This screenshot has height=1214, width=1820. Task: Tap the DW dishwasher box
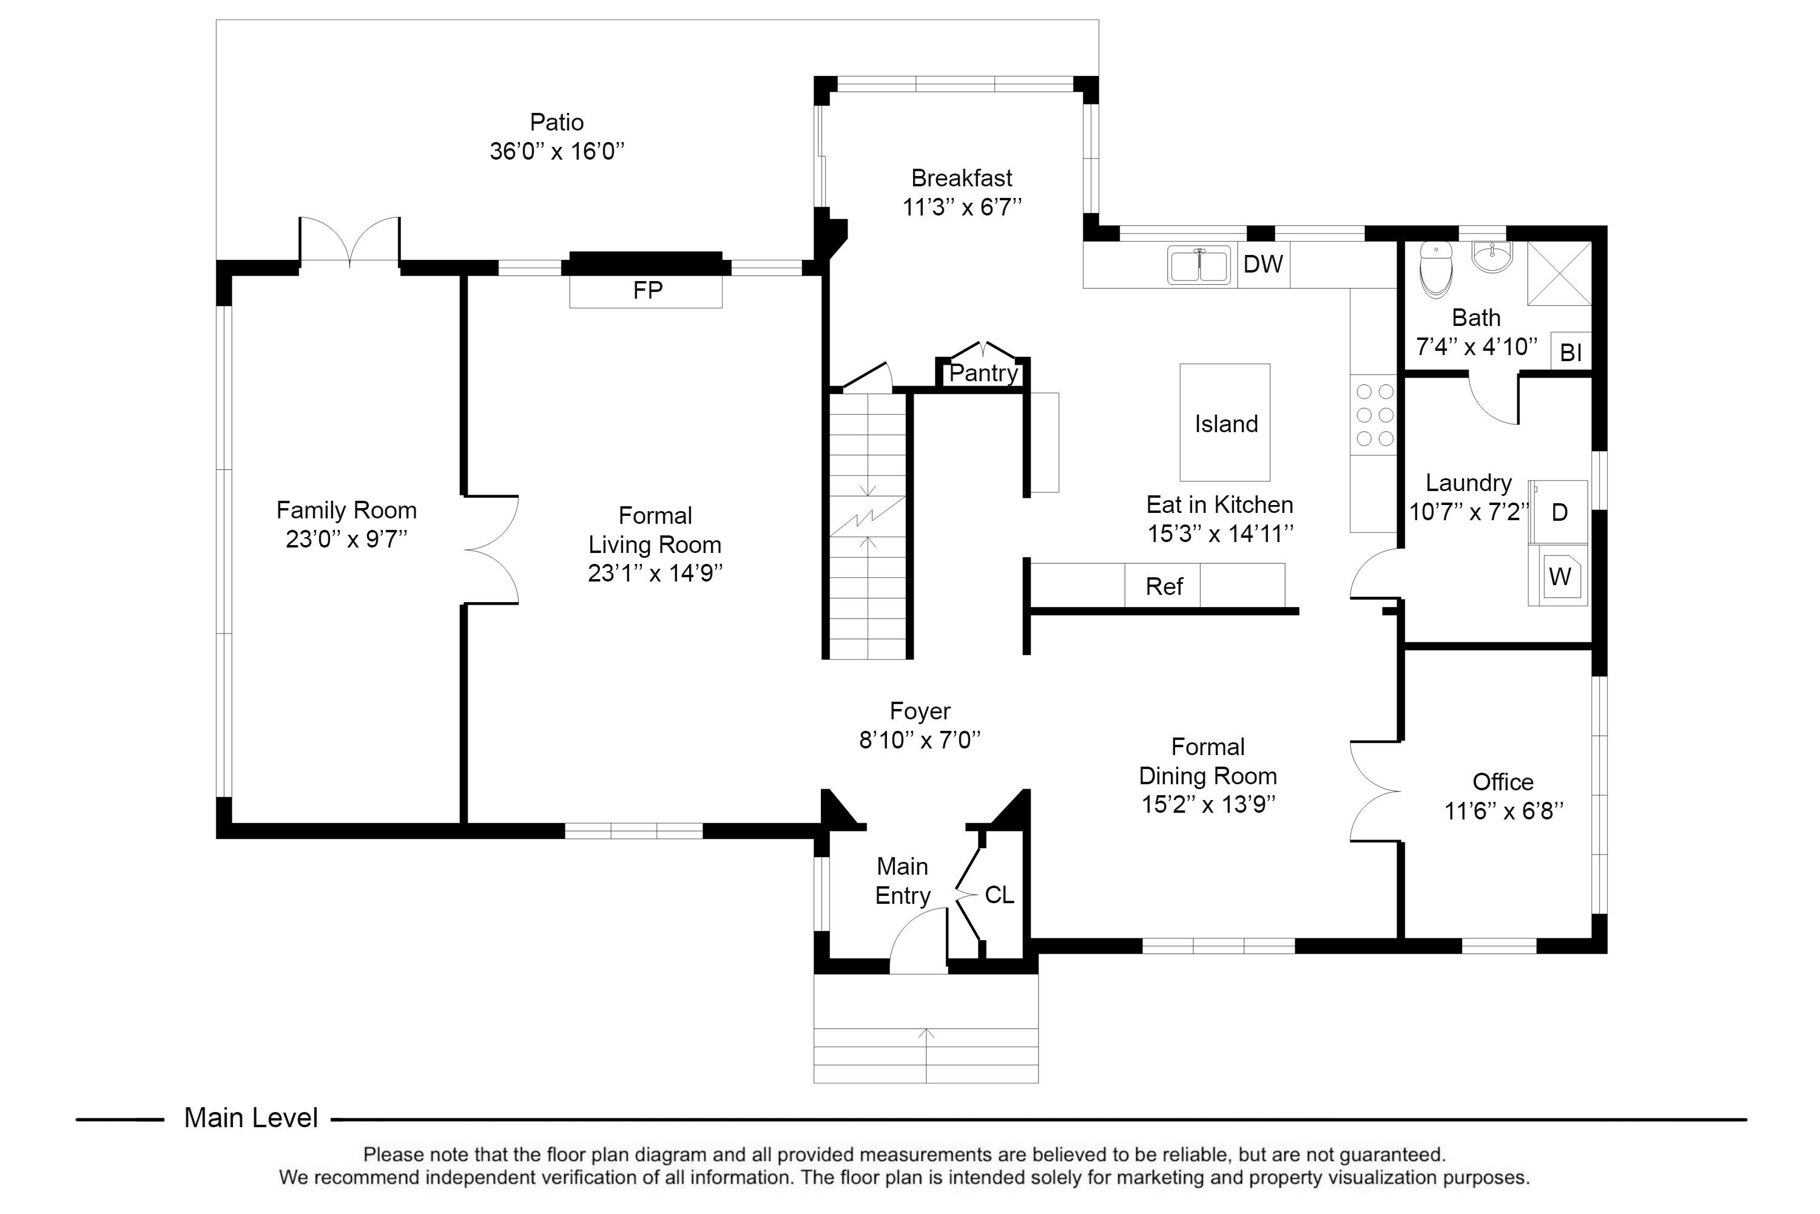[1263, 265]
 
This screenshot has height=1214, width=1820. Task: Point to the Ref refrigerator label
[1163, 586]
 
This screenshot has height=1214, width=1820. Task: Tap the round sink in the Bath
[1491, 256]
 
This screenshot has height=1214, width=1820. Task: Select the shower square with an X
[1559, 273]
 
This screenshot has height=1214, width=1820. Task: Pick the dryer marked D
[1559, 512]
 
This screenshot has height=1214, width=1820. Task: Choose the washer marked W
[1559, 577]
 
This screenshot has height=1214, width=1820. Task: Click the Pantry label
[983, 373]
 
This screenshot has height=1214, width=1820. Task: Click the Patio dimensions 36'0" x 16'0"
[556, 151]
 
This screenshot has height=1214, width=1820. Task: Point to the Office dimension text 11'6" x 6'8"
[1503, 810]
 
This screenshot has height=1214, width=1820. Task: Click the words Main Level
[251, 1118]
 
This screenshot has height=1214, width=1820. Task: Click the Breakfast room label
[961, 178]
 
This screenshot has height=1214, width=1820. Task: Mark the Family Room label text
[346, 510]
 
